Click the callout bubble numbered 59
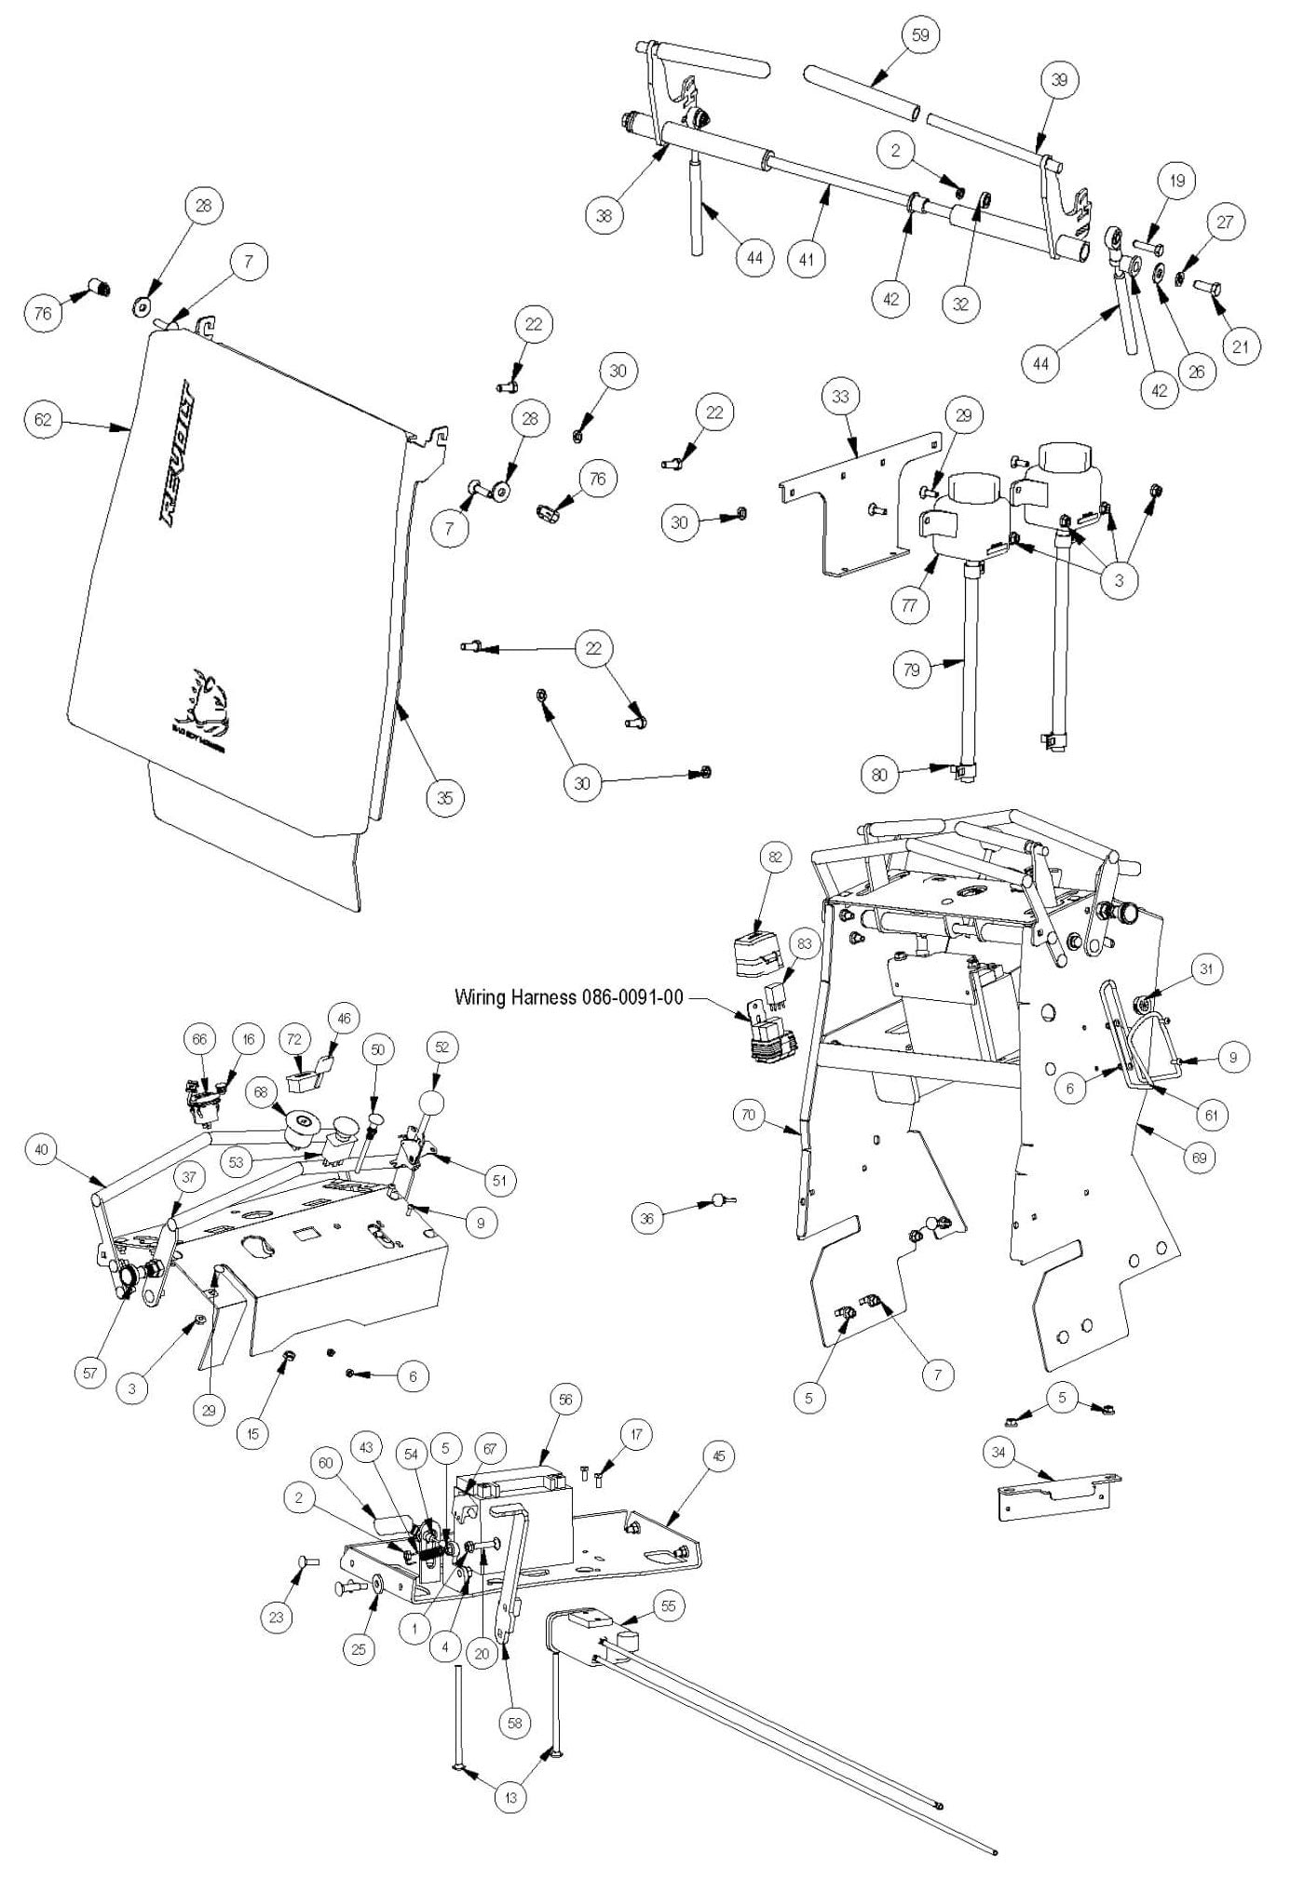pyautogui.click(x=920, y=34)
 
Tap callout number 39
pyautogui.click(x=1059, y=80)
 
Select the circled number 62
pyautogui.click(x=43, y=420)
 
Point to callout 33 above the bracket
pyautogui.click(x=840, y=397)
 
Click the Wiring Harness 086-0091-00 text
pyautogui.click(x=568, y=997)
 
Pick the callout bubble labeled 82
pyautogui.click(x=775, y=856)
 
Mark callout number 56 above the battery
pyautogui.click(x=564, y=1399)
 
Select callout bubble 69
pyautogui.click(x=1200, y=1157)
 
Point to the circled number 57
pyautogui.click(x=90, y=1374)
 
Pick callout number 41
pyautogui.click(x=807, y=259)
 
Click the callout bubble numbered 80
pyautogui.click(x=879, y=775)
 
